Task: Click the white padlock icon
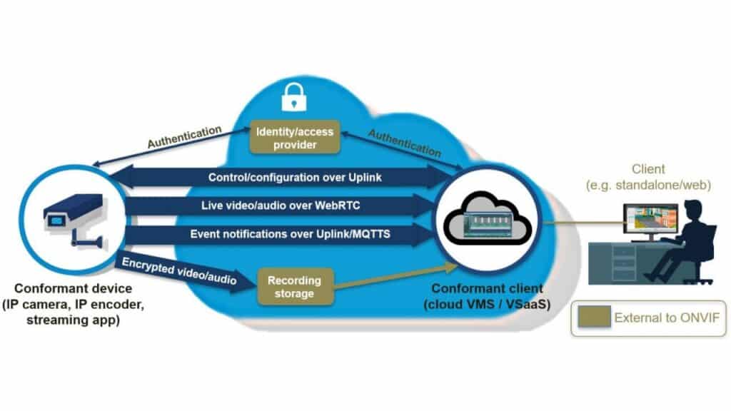(x=294, y=97)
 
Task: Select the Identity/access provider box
(x=295, y=138)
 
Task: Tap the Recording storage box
(x=295, y=287)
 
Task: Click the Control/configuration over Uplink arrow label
(x=295, y=178)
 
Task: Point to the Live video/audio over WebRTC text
(x=281, y=205)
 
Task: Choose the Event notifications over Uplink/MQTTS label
(x=290, y=234)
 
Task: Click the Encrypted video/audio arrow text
(x=179, y=271)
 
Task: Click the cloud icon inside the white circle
(x=487, y=218)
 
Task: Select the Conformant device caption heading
(x=74, y=288)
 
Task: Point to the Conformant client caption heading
(x=487, y=288)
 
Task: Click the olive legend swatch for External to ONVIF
(x=595, y=317)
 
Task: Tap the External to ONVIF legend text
(x=667, y=318)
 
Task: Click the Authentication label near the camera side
(x=185, y=137)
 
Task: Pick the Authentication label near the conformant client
(x=405, y=143)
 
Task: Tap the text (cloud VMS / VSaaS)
(x=487, y=304)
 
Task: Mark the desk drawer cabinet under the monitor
(x=623, y=264)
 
